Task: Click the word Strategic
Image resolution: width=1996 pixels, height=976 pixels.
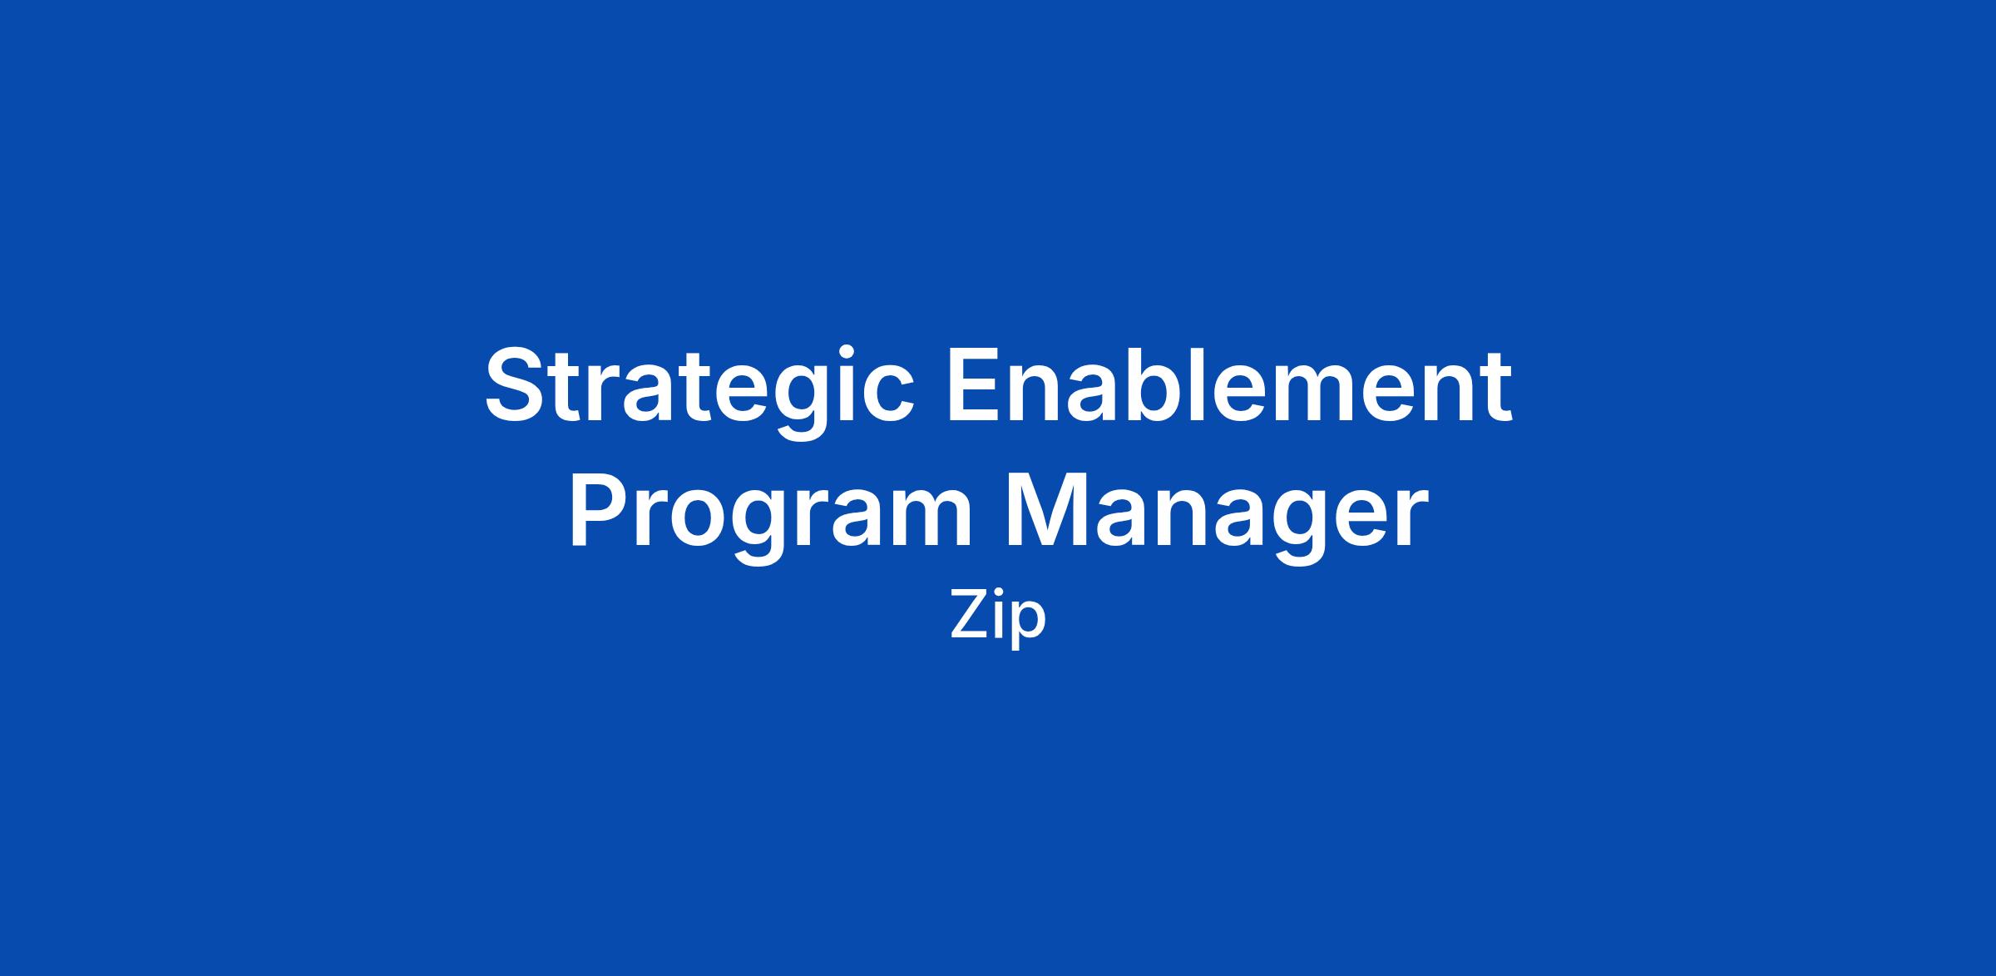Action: click(699, 389)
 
